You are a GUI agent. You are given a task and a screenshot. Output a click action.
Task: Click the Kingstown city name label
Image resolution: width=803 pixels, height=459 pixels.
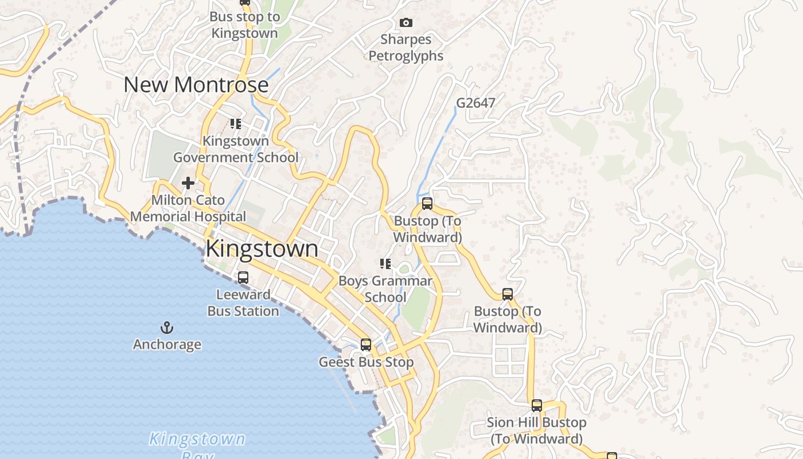[262, 249]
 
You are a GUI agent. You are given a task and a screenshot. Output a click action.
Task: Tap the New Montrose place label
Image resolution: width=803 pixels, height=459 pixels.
[196, 85]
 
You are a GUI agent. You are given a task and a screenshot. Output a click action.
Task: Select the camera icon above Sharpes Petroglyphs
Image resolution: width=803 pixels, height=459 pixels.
[406, 22]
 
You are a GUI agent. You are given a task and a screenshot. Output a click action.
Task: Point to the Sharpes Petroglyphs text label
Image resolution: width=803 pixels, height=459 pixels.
[406, 48]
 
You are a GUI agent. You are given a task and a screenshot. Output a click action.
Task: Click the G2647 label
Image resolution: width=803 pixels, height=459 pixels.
[475, 103]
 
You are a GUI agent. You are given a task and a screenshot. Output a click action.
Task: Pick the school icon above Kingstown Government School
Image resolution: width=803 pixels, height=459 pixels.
[235, 123]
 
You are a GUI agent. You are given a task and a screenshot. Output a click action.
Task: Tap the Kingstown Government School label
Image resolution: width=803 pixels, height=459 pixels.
[236, 149]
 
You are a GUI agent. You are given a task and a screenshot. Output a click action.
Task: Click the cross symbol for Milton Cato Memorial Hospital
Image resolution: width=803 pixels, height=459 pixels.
[188, 183]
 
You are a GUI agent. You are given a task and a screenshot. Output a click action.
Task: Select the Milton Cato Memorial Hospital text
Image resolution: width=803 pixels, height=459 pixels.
[188, 209]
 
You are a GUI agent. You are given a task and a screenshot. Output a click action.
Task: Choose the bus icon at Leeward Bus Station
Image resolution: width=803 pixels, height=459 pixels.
[243, 278]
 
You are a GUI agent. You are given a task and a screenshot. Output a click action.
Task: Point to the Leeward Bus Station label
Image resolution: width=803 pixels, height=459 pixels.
[243, 303]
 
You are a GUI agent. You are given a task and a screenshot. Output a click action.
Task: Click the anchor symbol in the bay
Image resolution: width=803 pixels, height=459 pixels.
[167, 328]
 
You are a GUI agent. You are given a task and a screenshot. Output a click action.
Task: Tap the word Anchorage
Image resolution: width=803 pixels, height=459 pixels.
[167, 344]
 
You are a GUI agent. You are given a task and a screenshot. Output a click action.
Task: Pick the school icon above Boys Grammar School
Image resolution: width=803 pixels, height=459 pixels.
[385, 264]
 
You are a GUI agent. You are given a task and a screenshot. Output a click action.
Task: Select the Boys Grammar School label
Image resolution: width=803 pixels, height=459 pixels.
[385, 289]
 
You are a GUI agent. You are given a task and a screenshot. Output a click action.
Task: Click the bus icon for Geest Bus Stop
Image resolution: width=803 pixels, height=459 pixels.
[366, 345]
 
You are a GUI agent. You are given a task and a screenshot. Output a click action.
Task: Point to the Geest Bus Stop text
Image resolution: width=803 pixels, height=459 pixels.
[366, 363]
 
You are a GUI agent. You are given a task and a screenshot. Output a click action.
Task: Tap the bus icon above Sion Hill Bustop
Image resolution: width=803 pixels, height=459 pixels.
[537, 405]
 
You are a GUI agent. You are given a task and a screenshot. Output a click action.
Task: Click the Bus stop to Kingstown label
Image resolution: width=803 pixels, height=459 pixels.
[245, 25]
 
